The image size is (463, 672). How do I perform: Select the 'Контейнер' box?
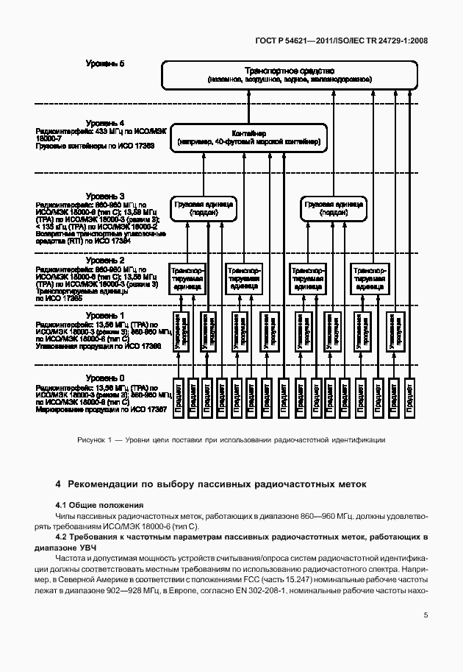pos(248,138)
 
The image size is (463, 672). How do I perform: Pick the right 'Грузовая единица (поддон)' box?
pos(332,208)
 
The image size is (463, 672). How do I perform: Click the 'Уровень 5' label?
pos(105,64)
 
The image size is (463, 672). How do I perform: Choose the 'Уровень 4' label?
pos(105,122)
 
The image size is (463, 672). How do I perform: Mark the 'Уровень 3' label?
pos(105,195)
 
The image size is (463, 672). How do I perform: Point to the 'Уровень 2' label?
pos(105,260)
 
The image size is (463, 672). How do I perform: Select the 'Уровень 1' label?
pos(105,314)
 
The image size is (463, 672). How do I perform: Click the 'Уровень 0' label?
pos(105,378)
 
